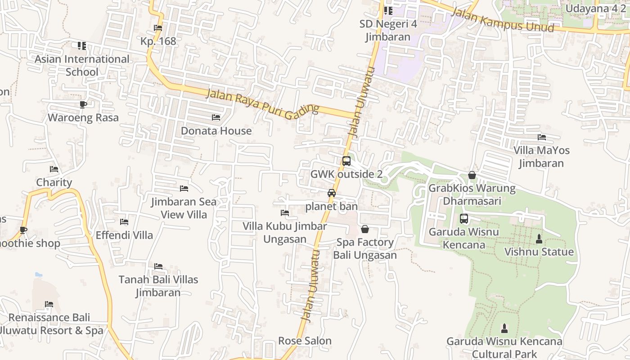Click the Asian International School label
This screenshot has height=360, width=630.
(x=82, y=66)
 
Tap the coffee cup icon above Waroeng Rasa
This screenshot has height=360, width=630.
(x=83, y=104)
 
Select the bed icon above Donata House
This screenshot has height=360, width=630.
(x=216, y=117)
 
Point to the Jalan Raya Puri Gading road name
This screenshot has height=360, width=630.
(x=262, y=103)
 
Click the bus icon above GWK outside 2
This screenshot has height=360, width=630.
(x=346, y=161)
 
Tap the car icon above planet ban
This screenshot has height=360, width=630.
(x=332, y=193)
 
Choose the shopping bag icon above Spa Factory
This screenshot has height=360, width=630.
(x=365, y=229)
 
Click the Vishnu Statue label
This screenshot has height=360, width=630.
(x=539, y=252)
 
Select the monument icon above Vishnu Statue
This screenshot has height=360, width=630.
(x=539, y=238)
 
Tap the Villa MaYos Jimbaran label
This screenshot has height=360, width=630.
(x=541, y=157)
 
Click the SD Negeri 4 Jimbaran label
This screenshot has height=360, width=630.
(x=388, y=30)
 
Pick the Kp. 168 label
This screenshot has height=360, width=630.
(x=158, y=41)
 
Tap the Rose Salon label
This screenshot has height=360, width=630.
(x=305, y=341)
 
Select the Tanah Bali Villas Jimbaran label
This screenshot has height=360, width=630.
(x=158, y=286)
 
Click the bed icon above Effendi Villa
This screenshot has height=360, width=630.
(x=124, y=222)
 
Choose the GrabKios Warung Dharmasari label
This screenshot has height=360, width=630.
(x=472, y=194)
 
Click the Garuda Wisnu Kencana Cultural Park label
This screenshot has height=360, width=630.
(x=504, y=348)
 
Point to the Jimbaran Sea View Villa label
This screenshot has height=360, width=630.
(x=184, y=208)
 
